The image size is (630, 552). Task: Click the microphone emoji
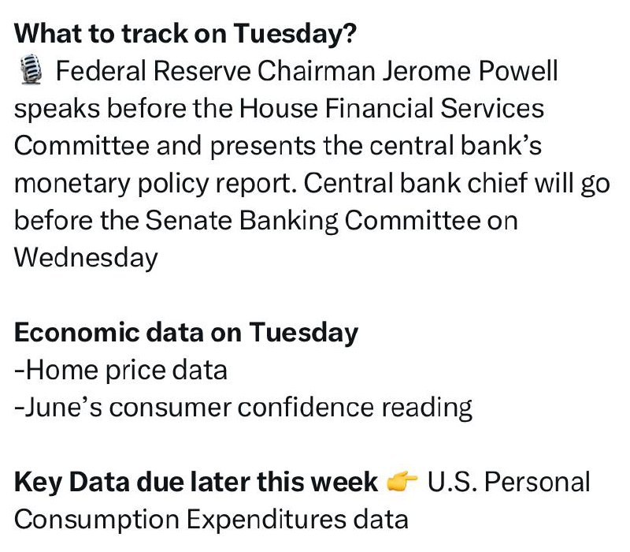coord(31,69)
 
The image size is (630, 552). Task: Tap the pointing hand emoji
coord(402,481)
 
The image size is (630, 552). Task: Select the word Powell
coord(518,71)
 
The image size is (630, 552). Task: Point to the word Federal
coord(101,71)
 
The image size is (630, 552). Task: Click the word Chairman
coord(316,71)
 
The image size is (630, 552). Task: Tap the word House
coord(279,108)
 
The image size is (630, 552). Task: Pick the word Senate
coord(188,221)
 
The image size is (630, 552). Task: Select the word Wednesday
coord(86,258)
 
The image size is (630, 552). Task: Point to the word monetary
coord(72,184)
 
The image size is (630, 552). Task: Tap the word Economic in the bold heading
coord(76,333)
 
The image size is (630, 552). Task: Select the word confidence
coord(306,407)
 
